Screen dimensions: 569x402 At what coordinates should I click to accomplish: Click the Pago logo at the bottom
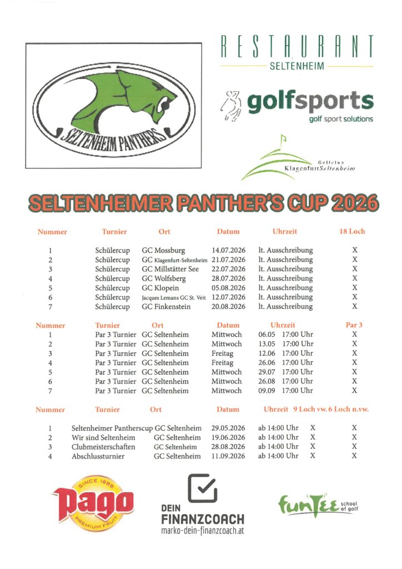coord(92,505)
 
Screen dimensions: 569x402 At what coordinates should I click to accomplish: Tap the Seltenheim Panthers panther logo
coord(113,106)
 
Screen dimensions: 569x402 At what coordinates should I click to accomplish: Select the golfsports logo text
coord(310,102)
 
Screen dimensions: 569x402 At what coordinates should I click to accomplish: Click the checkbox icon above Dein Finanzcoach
coord(202,488)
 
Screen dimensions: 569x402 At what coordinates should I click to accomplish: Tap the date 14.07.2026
coord(228,250)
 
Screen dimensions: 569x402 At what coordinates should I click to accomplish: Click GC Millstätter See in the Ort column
coord(170,269)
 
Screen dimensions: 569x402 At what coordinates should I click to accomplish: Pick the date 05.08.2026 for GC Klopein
coord(228,288)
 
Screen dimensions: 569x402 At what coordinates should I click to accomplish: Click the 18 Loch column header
coord(352,231)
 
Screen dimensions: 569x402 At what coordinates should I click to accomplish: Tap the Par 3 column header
coord(354,325)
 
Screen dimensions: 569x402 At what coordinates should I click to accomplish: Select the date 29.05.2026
coord(228,428)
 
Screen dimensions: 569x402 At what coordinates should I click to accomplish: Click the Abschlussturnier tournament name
coord(98,456)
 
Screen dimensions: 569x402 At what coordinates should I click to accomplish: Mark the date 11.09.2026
coord(228,456)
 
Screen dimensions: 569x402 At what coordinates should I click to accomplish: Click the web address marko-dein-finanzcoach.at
coord(202,531)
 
